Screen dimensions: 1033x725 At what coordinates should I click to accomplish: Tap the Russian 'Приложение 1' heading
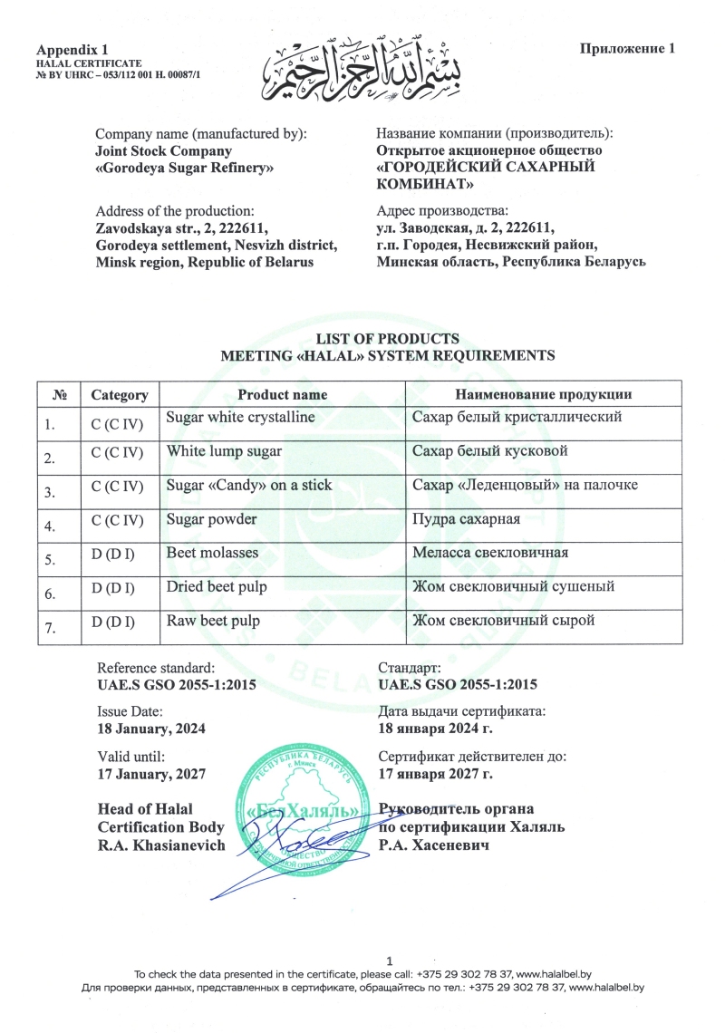pos(627,48)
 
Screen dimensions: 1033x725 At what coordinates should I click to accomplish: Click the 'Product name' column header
pos(282,395)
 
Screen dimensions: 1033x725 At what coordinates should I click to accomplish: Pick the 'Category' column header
pos(119,395)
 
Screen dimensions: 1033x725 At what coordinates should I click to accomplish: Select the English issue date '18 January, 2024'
pos(151,729)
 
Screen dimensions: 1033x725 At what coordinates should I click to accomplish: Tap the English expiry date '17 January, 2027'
pos(151,774)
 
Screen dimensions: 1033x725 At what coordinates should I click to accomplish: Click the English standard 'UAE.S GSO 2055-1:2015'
pos(176,684)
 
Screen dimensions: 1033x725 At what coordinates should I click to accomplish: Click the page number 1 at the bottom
pos(389,960)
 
